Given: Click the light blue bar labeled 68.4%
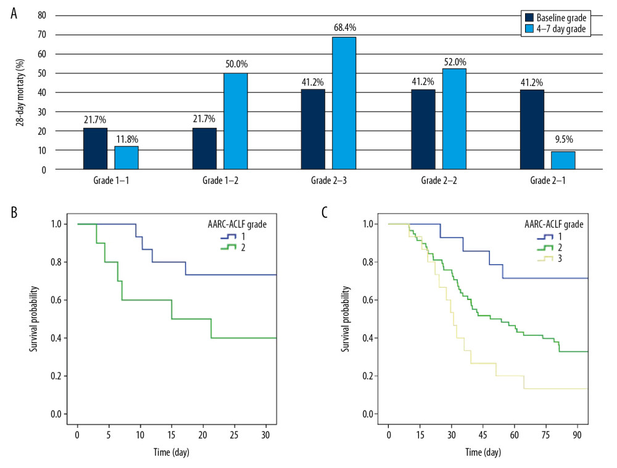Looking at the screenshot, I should pyautogui.click(x=344, y=103).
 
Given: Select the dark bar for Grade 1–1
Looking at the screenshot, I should pyautogui.click(x=95, y=148).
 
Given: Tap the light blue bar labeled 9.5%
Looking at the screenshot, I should pyautogui.click(x=562, y=160).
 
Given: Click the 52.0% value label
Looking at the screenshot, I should pyautogui.click(x=453, y=62).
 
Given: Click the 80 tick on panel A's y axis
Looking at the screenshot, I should pyautogui.click(x=41, y=15).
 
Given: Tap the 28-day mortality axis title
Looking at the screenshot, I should pyautogui.click(x=20, y=93).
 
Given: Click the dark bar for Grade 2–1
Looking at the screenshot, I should pyautogui.click(x=531, y=130).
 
